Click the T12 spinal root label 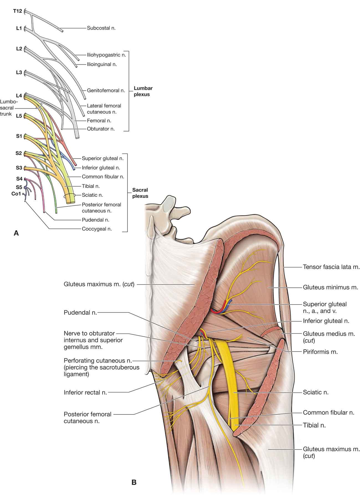pos(17,11)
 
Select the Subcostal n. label pos(101,28)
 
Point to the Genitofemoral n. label pos(106,90)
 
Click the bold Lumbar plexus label pos(143,91)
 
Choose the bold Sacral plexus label pos(140,193)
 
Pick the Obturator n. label pos(101,129)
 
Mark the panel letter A pos(16,233)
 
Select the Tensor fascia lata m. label pos(331,267)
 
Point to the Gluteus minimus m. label pos(330,287)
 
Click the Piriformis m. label pos(320,352)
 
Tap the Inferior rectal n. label pos(85,393)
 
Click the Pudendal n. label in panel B pos(80,313)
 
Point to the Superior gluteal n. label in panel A pos(103,159)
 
